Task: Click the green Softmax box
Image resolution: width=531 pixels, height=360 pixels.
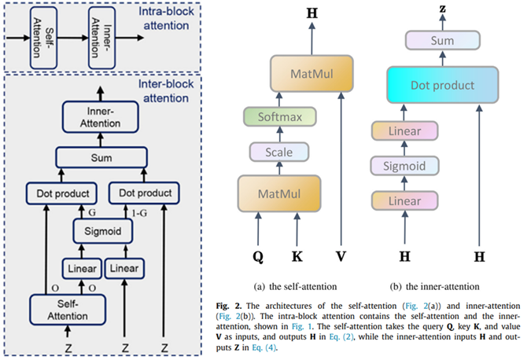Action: point(282,117)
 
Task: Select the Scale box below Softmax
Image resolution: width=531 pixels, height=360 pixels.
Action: point(281,152)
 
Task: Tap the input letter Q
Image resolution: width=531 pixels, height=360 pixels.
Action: point(258,255)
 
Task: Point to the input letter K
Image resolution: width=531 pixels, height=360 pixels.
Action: point(297,255)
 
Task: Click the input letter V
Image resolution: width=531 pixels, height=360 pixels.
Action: point(339,255)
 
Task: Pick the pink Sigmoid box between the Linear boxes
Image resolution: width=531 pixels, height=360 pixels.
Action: point(403,165)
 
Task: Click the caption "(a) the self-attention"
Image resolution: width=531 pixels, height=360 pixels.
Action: point(294,285)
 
